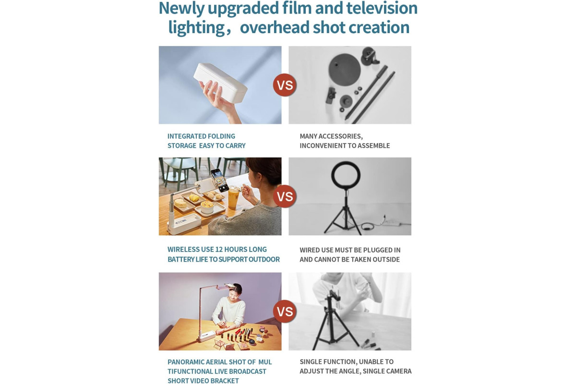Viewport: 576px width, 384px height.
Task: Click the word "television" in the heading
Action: [382, 8]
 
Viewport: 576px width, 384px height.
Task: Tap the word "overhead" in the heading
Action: [275, 27]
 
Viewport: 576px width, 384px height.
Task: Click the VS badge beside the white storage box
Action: [285, 85]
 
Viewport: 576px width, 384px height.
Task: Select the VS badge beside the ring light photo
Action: [285, 196]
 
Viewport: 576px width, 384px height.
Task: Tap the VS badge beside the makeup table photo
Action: [285, 311]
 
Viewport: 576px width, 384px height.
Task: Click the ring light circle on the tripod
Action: [346, 176]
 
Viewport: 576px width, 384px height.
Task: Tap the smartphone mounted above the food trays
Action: [220, 180]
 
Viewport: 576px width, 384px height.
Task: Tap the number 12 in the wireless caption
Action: [219, 250]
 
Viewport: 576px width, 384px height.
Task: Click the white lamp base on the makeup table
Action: [206, 336]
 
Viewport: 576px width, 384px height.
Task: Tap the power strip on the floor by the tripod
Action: [393, 223]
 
